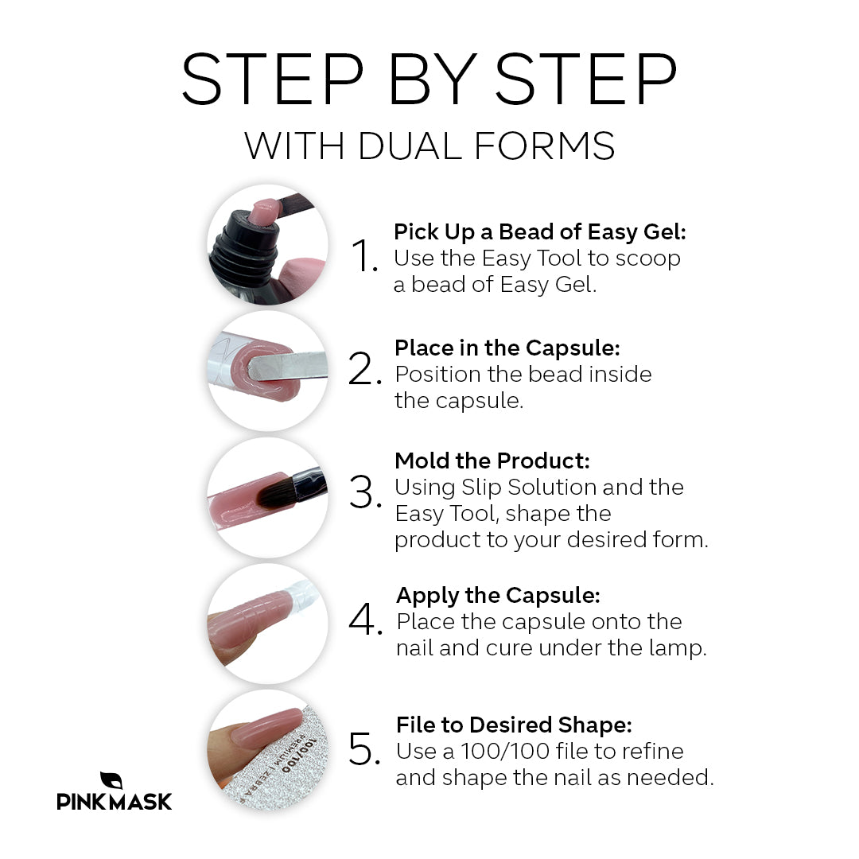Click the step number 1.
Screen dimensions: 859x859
tap(365, 257)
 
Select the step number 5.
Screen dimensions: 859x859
tap(365, 750)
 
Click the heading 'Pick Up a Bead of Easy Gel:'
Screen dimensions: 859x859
tap(539, 232)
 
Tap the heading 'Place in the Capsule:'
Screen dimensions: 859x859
tap(507, 348)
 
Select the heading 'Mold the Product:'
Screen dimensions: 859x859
tap(492, 461)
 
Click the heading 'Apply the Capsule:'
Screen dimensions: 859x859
tap(498, 595)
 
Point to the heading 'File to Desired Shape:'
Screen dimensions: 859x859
tap(514, 725)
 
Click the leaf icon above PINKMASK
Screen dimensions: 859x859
tap(111, 780)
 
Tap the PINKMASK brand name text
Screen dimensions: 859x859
tap(114, 802)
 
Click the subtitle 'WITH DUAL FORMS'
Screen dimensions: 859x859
tap(429, 146)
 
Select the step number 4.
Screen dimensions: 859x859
tap(365, 621)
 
